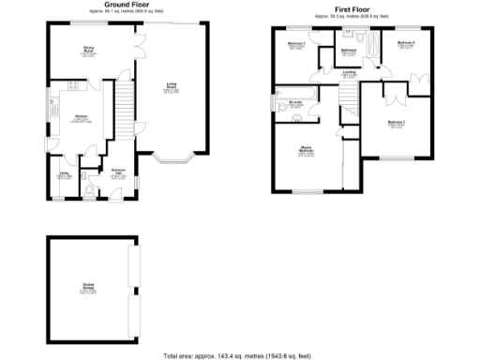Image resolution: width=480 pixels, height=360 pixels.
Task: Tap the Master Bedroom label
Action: pos(306,152)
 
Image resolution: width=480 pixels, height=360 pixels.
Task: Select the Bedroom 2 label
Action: pos(397,124)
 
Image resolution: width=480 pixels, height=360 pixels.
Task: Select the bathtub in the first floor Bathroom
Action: pos(369,45)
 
